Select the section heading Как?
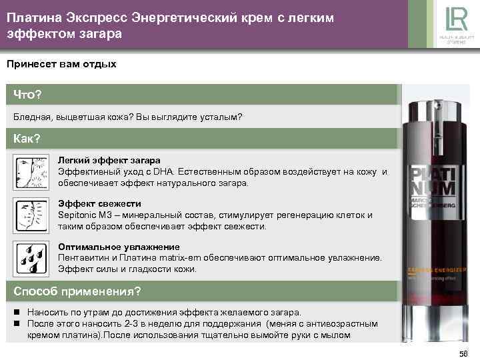pos(27,139)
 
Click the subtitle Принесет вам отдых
pos(61,65)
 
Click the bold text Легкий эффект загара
pos(109,161)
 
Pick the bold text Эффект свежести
pos(99,203)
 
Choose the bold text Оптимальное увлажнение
pos(119,247)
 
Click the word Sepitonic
pos(77,215)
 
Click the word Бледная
pos(33,117)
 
